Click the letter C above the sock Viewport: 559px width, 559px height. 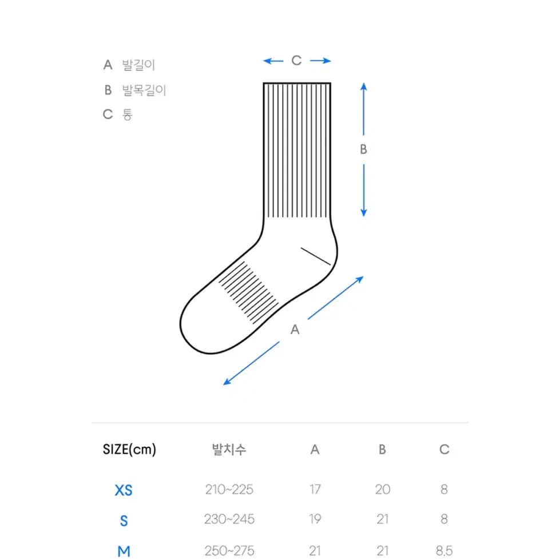pos(296,61)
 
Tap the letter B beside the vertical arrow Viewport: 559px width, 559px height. pos(363,149)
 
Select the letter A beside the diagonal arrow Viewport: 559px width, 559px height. pos(295,330)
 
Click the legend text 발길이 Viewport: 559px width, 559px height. pos(138,65)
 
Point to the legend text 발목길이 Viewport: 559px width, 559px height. pos(144,90)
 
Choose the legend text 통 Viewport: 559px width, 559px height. pos(127,114)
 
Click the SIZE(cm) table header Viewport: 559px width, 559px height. pos(129,450)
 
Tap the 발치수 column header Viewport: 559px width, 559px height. pos(229,450)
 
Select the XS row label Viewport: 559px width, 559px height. pos(124,490)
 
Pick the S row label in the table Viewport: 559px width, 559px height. pos(124,521)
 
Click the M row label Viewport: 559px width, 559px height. pos(124,552)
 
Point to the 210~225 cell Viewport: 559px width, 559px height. pos(229,489)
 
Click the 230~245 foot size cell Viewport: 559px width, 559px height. pos(229,519)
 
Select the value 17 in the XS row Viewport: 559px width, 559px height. pos(315,489)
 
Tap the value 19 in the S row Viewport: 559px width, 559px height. pos(315,519)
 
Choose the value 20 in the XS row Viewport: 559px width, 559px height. pos(383,489)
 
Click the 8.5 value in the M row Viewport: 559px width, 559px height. pos(444,551)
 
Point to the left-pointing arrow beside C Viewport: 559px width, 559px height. pos(273,61)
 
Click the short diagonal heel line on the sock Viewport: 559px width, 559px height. pos(316,256)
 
